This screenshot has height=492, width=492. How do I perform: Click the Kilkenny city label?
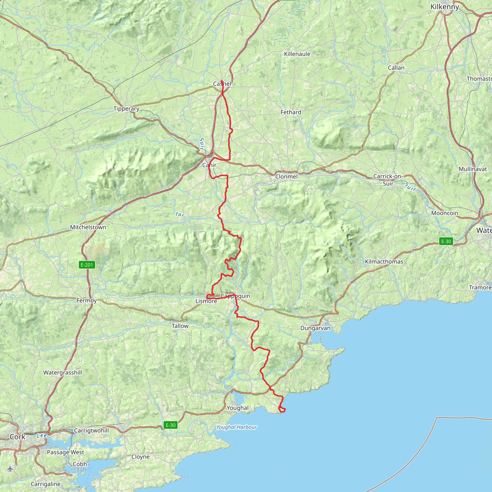pyautogui.click(x=444, y=7)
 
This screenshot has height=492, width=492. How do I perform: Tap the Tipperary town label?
pyautogui.click(x=126, y=109)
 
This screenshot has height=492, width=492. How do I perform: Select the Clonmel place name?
pyautogui.click(x=286, y=177)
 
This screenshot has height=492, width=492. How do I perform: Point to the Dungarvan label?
pyautogui.click(x=315, y=328)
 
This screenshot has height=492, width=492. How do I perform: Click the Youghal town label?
pyautogui.click(x=237, y=408)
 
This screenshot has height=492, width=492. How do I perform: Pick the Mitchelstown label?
pyautogui.click(x=88, y=227)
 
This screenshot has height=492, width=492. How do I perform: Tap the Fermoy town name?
pyautogui.click(x=86, y=301)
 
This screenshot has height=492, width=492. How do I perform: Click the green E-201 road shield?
pyautogui.click(x=87, y=265)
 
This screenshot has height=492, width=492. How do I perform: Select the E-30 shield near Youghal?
pyautogui.click(x=170, y=425)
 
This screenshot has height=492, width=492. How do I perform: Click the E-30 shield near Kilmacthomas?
pyautogui.click(x=446, y=241)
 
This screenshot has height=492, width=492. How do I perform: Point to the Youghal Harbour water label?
pyautogui.click(x=236, y=427)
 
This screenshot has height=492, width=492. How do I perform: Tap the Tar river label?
pyautogui.click(x=179, y=215)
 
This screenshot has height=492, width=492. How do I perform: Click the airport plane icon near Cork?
pyautogui.click(x=10, y=468)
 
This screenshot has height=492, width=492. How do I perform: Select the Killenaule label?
pyautogui.click(x=297, y=54)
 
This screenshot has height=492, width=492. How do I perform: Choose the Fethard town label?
pyautogui.click(x=291, y=112)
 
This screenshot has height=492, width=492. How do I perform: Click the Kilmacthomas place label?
pyautogui.click(x=384, y=262)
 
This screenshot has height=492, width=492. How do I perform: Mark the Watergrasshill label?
pyautogui.click(x=63, y=373)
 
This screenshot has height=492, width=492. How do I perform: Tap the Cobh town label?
pyautogui.click(x=80, y=464)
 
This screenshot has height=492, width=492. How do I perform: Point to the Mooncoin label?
pyautogui.click(x=444, y=213)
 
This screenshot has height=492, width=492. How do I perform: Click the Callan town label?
pyautogui.click(x=396, y=68)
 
